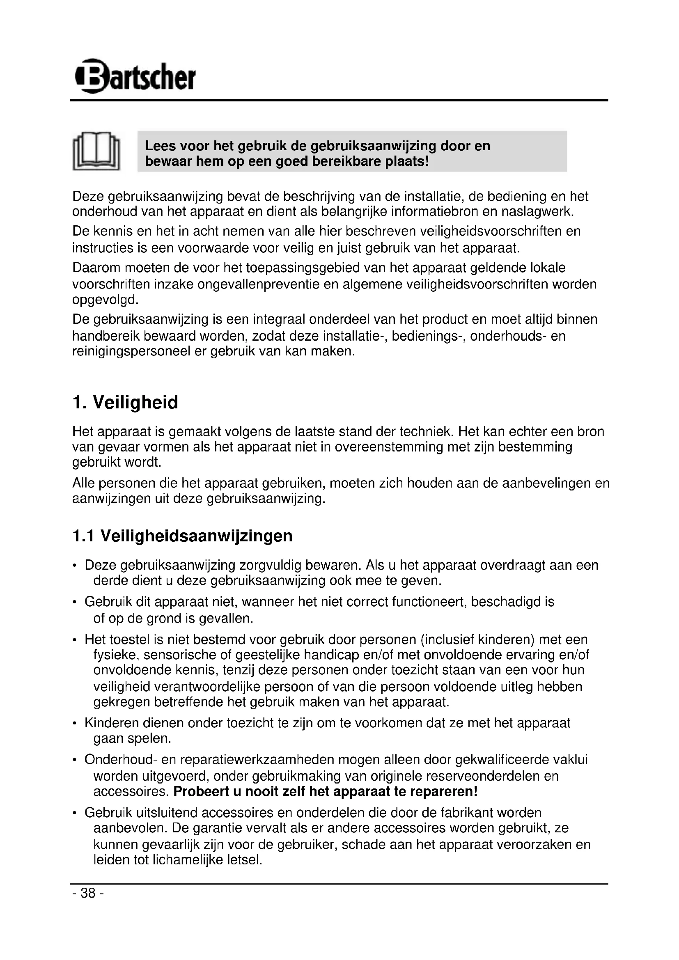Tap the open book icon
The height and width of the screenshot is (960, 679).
(96, 151)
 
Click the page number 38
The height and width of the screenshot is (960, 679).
(88, 893)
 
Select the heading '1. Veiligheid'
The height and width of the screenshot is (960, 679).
(125, 402)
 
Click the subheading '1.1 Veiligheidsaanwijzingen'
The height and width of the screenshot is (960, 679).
(182, 536)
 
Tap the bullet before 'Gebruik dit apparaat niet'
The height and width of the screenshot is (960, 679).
(74, 603)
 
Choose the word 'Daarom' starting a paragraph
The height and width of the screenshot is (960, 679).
(96, 267)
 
